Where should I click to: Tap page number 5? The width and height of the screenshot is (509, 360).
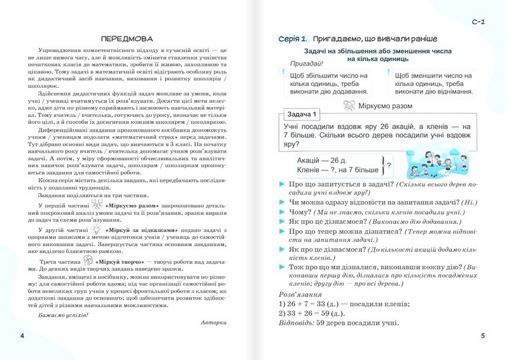[483, 336]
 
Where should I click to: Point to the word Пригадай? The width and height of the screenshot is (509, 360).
[306, 63]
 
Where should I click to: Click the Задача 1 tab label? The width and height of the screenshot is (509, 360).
[297, 114]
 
